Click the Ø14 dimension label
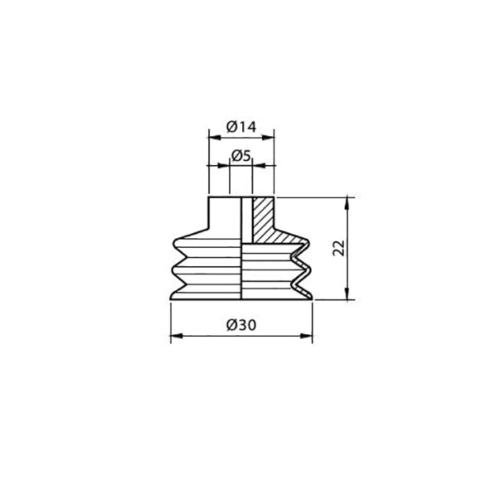tap(240, 127)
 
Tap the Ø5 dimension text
tap(240, 155)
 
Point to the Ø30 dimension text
tap(240, 325)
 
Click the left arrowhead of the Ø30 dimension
tap(175, 336)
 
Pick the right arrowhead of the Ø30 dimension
tap(308, 336)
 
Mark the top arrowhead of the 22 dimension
tap(348, 200)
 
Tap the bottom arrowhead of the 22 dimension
tap(348, 296)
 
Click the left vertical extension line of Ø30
tap(171, 321)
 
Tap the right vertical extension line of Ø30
tap(312, 321)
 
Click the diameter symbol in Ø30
tap(231, 325)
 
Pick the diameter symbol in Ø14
tap(231, 127)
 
